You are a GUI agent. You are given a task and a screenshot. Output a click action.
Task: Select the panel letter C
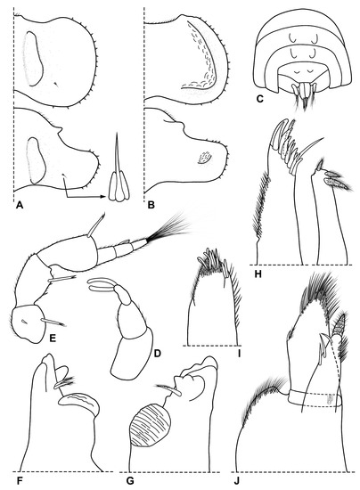[x=259, y=100]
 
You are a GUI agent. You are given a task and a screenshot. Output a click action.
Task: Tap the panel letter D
[x=157, y=353]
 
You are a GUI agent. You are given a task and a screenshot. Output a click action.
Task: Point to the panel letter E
[x=53, y=338]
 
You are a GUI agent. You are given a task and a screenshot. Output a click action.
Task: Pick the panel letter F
[x=20, y=481]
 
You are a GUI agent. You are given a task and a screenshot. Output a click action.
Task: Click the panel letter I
[x=240, y=354]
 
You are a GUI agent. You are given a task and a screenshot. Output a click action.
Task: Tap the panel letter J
[x=239, y=481]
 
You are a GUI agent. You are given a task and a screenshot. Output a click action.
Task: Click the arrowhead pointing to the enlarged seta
[x=105, y=197]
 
